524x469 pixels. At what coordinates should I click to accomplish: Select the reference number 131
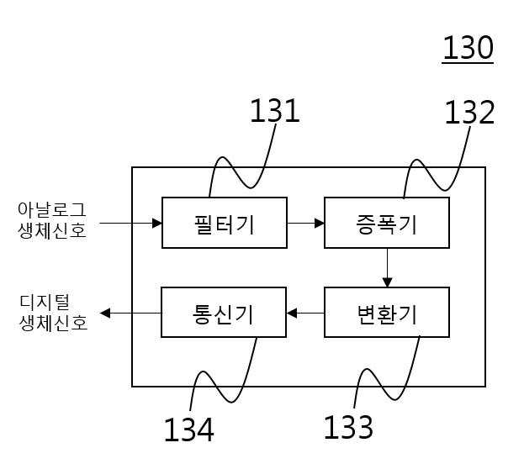click(275, 111)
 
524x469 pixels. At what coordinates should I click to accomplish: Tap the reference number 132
click(469, 113)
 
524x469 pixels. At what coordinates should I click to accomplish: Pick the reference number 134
click(188, 429)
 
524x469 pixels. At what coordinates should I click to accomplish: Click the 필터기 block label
click(225, 224)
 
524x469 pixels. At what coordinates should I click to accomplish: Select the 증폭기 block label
click(387, 224)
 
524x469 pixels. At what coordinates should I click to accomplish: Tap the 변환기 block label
click(387, 314)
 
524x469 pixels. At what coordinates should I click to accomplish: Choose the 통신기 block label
click(223, 314)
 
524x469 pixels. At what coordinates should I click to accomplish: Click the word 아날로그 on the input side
click(52, 210)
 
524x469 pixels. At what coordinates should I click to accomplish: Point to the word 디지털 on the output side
click(45, 302)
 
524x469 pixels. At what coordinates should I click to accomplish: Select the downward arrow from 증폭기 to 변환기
click(387, 267)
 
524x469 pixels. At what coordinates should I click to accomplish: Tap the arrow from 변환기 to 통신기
click(305, 314)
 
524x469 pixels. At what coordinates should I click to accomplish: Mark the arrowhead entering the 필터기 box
click(157, 223)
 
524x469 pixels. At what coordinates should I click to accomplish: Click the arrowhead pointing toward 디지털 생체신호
click(105, 313)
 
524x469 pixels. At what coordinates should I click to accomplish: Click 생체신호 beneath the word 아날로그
click(52, 231)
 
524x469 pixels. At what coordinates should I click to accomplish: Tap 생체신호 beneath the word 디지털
click(54, 323)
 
